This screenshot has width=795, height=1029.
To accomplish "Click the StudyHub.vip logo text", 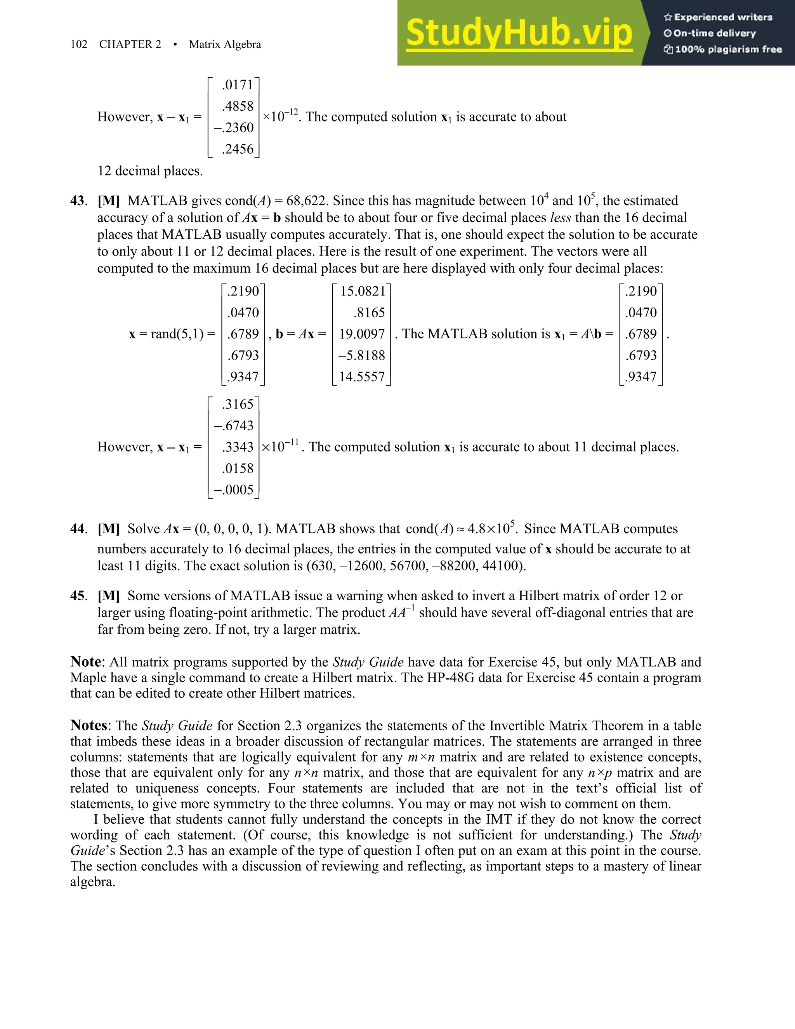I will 519,33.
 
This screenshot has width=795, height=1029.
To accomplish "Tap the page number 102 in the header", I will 79,44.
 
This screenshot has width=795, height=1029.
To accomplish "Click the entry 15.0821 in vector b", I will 363,291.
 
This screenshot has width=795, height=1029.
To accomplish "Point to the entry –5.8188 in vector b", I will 362,355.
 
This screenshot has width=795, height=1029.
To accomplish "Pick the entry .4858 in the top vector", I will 238,106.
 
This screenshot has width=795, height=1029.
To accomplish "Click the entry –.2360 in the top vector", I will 234,128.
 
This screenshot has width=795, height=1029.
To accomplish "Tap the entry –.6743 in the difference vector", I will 234,426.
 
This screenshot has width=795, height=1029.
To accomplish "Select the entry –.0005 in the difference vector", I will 234,490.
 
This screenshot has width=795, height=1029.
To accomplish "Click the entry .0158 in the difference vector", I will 238,468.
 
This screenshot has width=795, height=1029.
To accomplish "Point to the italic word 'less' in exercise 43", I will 561,218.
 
